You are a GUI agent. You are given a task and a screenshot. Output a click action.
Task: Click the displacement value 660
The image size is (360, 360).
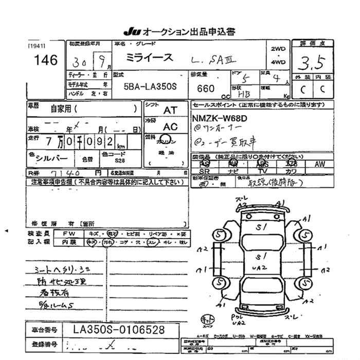coord(206,88)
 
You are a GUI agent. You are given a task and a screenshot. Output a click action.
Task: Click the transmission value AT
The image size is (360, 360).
coord(170,110)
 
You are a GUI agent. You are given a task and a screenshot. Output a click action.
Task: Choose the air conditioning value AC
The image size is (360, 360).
coord(170,127)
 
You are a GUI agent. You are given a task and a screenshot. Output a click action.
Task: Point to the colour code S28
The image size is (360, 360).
coord(119,161)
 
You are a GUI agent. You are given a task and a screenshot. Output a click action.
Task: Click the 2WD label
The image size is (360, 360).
coord(278,48)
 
